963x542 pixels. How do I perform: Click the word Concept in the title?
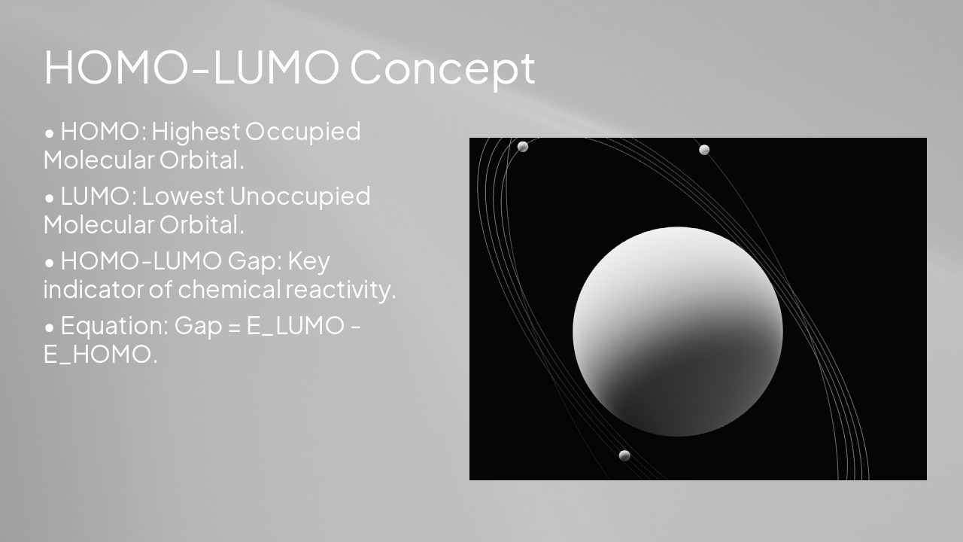(x=442, y=68)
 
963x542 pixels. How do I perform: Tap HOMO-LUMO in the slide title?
(x=192, y=68)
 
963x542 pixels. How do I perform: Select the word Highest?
(x=196, y=132)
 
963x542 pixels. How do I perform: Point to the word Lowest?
(x=183, y=196)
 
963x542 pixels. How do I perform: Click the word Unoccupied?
(x=299, y=196)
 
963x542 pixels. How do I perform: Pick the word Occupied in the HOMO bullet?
(x=303, y=132)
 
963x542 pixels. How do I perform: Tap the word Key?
(x=309, y=261)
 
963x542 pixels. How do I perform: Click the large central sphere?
(x=677, y=331)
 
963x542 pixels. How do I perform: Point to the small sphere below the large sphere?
(x=624, y=455)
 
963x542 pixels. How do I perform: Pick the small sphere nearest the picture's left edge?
(x=522, y=147)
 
